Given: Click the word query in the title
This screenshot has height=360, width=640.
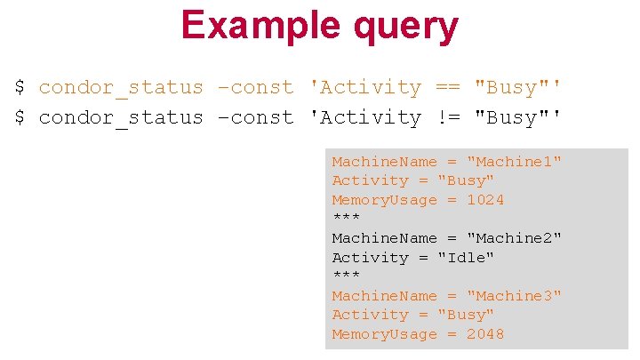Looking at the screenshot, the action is tap(404, 27).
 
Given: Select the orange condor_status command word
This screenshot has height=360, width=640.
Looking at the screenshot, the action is tap(121, 87).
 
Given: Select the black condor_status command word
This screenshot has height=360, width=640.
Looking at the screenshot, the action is tap(121, 117).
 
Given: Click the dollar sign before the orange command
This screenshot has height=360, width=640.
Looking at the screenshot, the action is tap(20, 87).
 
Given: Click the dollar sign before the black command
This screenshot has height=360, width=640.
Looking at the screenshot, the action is tap(20, 117).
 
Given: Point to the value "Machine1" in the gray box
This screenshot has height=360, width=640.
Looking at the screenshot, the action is tap(515, 162).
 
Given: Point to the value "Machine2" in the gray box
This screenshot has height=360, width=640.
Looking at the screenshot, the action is tap(515, 238).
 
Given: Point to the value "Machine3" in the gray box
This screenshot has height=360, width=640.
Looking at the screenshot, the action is tap(515, 296).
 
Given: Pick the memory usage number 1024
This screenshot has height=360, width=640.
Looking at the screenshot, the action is tap(485, 200).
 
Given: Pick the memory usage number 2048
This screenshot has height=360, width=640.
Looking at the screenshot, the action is tap(485, 334).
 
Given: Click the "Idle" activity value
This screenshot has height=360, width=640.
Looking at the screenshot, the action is tap(466, 258).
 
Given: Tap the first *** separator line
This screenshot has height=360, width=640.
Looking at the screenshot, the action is tap(346, 219).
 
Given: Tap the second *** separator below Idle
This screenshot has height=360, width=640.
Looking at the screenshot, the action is tap(346, 276).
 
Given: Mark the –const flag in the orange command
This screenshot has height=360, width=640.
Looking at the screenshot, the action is tap(256, 87).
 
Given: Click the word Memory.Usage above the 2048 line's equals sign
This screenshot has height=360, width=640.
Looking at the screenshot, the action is tap(384, 334).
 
